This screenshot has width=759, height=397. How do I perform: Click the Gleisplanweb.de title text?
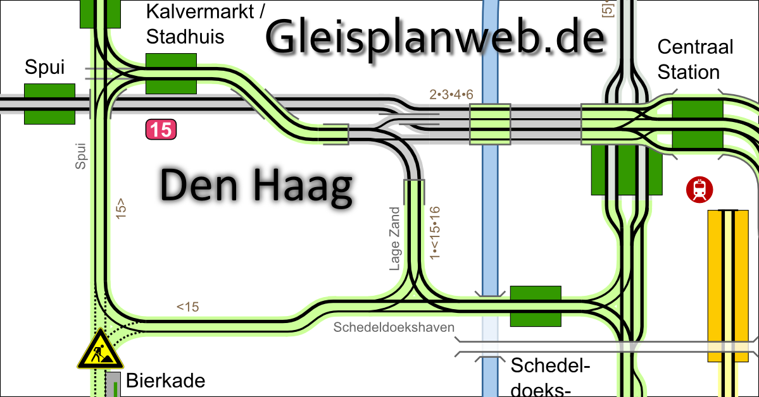[x=436, y=36]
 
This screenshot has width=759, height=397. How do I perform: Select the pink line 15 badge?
[x=161, y=130]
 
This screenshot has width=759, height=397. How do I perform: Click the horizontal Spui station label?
[x=45, y=68]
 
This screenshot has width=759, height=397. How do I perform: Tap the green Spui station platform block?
[x=49, y=104]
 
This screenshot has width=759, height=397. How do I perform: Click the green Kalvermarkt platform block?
[x=171, y=74]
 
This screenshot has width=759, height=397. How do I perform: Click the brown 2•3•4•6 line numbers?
[x=451, y=95]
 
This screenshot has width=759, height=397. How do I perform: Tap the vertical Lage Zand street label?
[x=396, y=239]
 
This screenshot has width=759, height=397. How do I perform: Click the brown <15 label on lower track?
[x=188, y=307]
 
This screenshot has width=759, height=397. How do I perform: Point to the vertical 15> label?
[x=121, y=209]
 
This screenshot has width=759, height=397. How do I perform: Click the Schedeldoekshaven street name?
[x=394, y=327]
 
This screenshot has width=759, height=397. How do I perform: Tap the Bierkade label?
[x=166, y=381]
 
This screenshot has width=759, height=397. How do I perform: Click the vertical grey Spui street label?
[x=80, y=156]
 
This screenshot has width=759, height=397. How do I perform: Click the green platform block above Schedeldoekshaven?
[x=536, y=306]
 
